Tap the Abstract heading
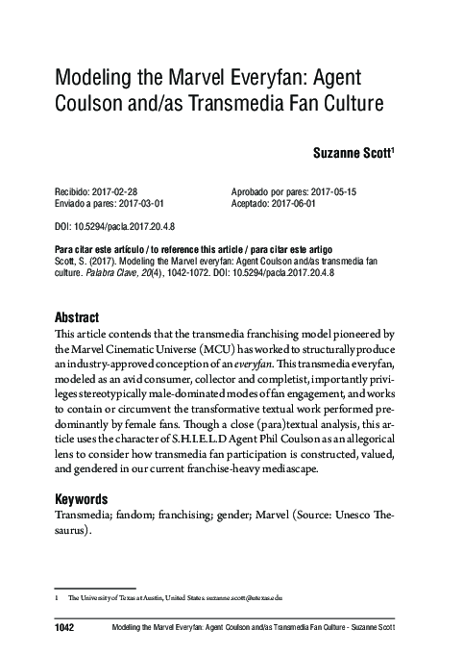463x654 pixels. coord(85,318)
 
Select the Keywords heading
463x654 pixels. coord(88,499)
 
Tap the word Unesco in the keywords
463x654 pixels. coord(362,516)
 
